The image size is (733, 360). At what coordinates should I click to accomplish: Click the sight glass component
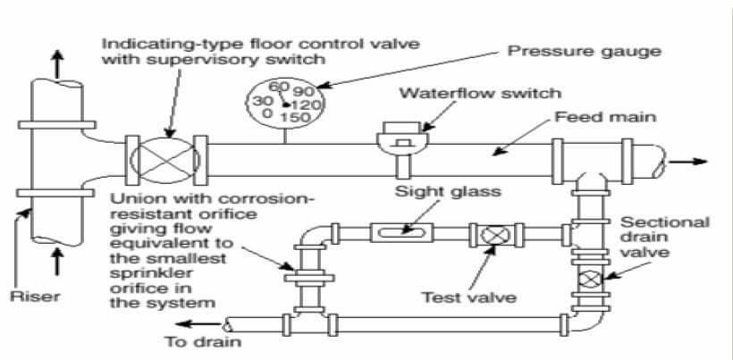coord(400,231)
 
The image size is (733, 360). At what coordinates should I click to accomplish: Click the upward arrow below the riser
coord(57,262)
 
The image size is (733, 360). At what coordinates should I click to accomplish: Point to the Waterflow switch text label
coord(480,93)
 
